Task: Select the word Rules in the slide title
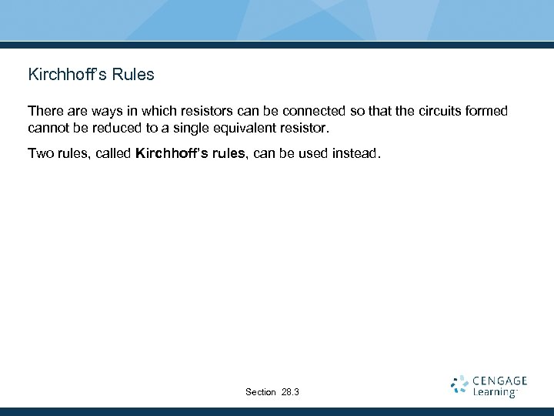(133, 75)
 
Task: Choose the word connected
(312, 111)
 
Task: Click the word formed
(486, 111)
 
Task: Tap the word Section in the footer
(260, 392)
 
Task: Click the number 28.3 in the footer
(291, 392)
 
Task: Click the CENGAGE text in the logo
(499, 381)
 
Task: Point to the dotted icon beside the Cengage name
(459, 385)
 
